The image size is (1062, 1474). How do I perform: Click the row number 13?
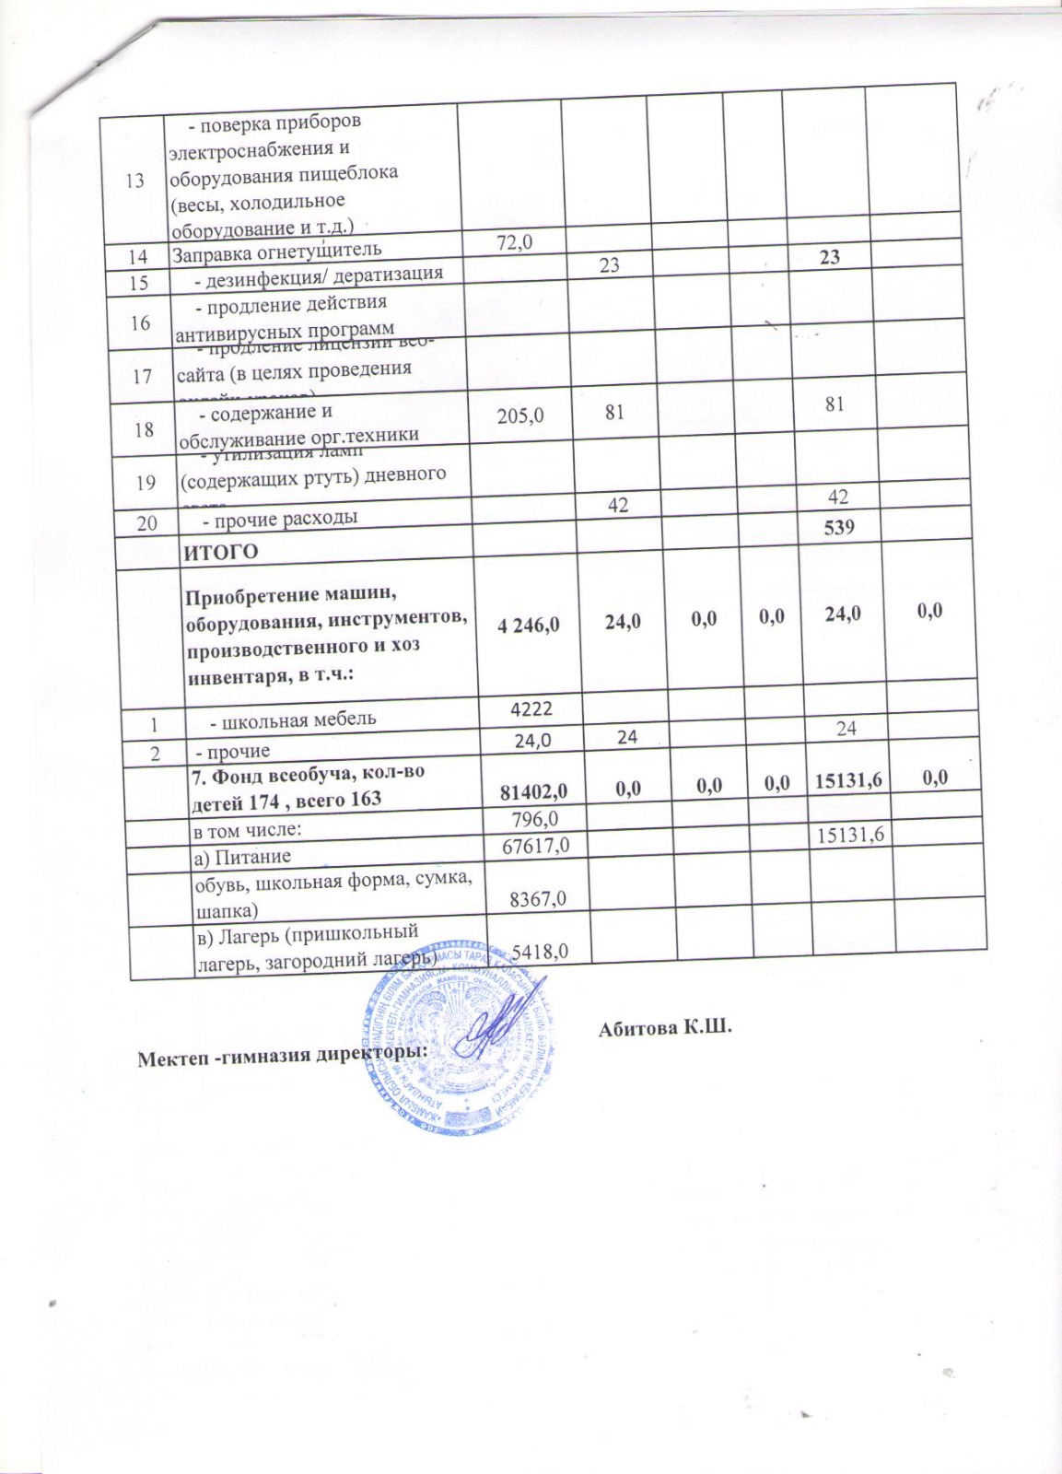coord(135,180)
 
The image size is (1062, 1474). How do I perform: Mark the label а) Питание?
coord(241,857)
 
